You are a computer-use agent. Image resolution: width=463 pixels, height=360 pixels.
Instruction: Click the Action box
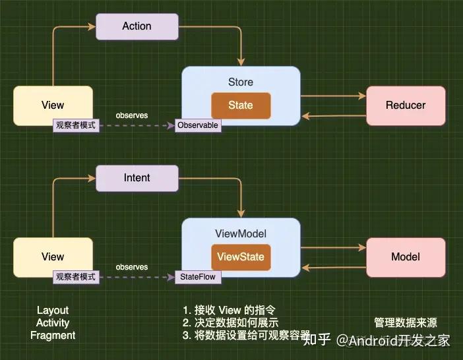click(137, 26)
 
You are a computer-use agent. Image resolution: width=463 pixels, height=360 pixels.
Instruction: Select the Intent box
click(137, 178)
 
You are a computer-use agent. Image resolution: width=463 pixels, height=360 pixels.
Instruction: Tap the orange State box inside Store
click(241, 105)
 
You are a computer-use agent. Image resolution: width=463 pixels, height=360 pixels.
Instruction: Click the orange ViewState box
click(241, 257)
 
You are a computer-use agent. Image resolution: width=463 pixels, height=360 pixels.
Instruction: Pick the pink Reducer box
click(406, 105)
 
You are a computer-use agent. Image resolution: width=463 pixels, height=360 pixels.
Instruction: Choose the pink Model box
click(406, 257)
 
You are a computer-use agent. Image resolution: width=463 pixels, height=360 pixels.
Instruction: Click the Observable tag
click(198, 125)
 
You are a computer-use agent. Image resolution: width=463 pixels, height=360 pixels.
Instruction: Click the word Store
click(241, 82)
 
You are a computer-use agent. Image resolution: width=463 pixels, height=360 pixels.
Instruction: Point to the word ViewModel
click(241, 233)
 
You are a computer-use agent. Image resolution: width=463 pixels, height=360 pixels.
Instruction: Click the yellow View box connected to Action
click(53, 105)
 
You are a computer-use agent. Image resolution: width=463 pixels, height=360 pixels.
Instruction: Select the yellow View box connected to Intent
click(53, 256)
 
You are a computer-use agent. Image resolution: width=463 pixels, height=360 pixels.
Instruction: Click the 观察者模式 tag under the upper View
click(76, 125)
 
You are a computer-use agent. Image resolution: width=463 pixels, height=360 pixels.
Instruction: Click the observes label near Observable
click(132, 115)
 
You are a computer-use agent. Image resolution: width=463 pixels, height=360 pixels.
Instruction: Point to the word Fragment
click(53, 336)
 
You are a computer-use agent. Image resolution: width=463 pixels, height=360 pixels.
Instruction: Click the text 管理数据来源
click(406, 323)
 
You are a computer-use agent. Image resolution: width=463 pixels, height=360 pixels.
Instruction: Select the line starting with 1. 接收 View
click(228, 310)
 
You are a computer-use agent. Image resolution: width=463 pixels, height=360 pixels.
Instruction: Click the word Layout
click(53, 310)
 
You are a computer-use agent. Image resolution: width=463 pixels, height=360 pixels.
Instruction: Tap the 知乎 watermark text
click(317, 340)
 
